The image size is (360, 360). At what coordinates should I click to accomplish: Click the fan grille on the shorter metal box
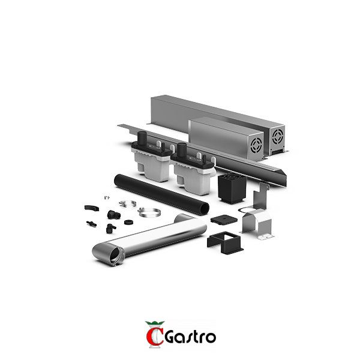256,145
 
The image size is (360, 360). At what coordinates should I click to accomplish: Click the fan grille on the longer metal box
278,137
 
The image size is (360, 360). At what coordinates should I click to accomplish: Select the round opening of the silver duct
115,256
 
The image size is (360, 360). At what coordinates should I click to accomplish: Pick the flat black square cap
224,219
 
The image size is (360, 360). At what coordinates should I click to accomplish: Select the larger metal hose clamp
149,212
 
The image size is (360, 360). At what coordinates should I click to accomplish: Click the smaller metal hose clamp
128,203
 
